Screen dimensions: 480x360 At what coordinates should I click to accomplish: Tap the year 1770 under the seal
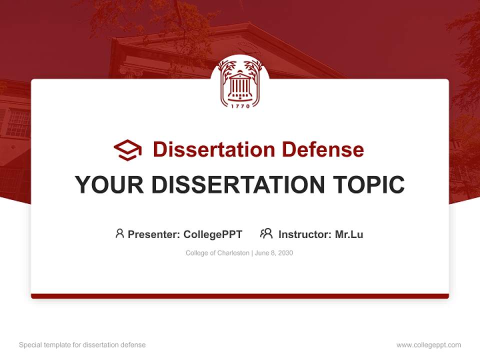point(240,106)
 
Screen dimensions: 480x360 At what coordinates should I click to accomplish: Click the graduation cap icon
point(127,150)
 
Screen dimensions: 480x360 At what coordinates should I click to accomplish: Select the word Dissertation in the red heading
point(214,149)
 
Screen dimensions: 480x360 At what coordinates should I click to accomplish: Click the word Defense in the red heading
point(323,149)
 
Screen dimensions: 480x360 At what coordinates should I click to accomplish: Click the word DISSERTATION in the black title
point(238,184)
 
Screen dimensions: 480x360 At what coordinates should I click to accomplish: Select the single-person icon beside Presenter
point(119,233)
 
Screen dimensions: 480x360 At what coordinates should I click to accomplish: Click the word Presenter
point(153,234)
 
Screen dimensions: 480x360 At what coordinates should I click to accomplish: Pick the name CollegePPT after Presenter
point(213,234)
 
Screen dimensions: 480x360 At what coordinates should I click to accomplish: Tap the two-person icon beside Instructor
point(266,233)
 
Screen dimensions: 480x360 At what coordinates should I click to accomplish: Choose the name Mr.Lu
point(349,234)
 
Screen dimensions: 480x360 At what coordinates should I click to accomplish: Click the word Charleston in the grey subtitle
point(233,253)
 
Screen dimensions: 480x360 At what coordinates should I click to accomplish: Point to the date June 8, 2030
point(274,253)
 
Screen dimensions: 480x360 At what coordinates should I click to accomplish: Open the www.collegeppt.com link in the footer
point(428,345)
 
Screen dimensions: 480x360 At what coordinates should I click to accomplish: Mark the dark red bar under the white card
point(240,296)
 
